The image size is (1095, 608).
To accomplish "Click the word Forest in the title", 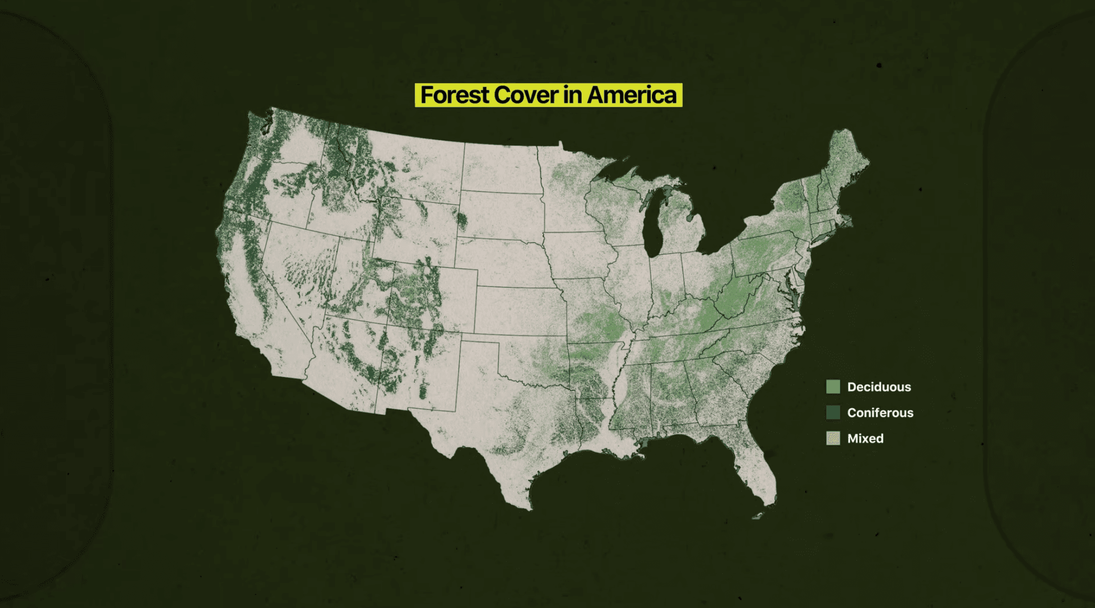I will click(x=455, y=95).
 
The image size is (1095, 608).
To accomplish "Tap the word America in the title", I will click(x=632, y=95).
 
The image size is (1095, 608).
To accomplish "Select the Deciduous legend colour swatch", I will click(x=833, y=387).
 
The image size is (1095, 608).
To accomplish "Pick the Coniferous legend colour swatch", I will click(x=833, y=412).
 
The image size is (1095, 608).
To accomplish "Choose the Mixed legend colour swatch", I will click(x=833, y=438).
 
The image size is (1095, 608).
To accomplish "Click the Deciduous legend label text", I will click(x=879, y=387).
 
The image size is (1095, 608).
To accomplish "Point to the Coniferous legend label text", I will click(x=880, y=413).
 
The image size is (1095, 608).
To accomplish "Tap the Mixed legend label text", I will click(x=865, y=438).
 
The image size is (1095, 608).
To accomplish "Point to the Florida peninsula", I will click(x=756, y=469).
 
